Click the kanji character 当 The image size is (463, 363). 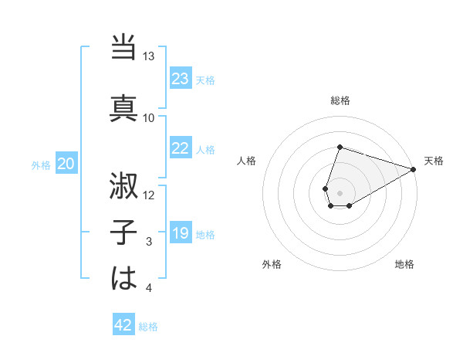124,48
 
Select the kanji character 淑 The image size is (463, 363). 124,186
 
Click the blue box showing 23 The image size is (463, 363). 181,79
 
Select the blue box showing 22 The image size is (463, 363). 181,148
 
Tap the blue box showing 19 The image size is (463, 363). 181,233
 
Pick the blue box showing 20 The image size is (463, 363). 66,164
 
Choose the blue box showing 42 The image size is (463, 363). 123,325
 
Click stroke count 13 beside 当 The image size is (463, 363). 149,56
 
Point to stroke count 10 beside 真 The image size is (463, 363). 149,117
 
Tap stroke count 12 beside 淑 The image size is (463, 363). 149,195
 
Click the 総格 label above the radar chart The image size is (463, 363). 340,101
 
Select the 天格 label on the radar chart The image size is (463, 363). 434,161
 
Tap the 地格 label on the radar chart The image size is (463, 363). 404,265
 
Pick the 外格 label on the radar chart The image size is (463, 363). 272,265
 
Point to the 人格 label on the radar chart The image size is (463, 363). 247,161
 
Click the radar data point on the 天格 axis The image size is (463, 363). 414,168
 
